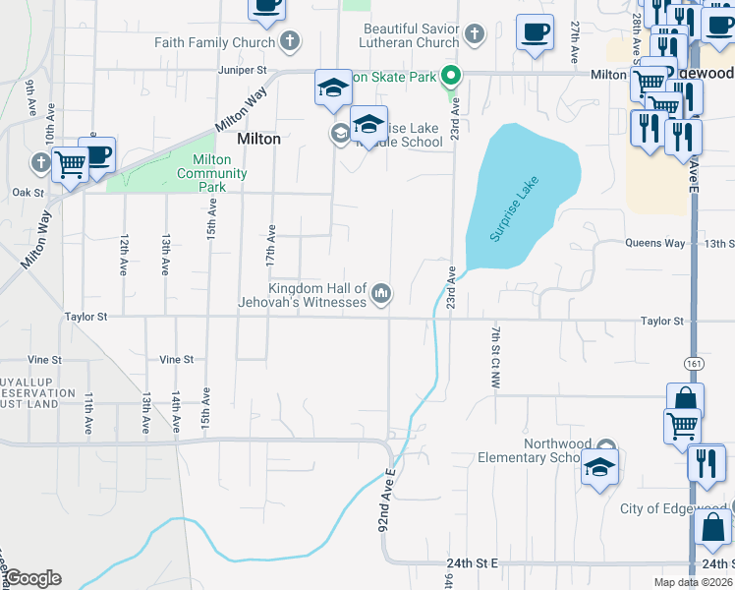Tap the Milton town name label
tap(258, 139)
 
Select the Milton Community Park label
tap(212, 173)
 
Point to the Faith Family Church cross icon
tap(289, 41)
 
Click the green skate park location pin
tap(451, 74)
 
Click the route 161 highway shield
tap(694, 362)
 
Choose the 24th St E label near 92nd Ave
tap(472, 562)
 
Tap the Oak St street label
tap(28, 193)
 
